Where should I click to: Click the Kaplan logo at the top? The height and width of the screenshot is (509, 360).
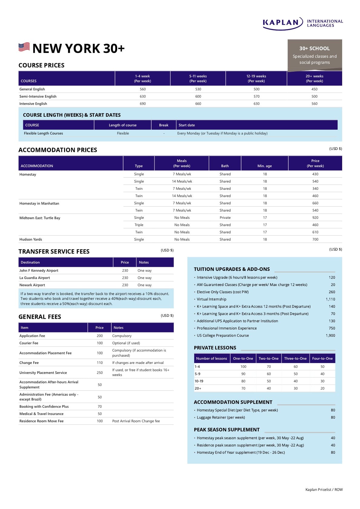pyautogui.click(x=303, y=23)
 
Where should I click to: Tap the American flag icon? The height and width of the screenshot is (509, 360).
pyautogui.click(x=24, y=47)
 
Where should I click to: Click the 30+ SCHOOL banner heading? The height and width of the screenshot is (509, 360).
pyautogui.click(x=314, y=48)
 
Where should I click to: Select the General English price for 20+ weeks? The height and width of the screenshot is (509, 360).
pyautogui.click(x=314, y=89)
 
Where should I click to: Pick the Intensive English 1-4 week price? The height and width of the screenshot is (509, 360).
pyautogui.click(x=142, y=104)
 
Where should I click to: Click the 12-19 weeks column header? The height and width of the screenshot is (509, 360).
pyautogui.click(x=256, y=79)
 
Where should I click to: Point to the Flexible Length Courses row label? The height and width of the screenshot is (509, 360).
pyautogui.click(x=43, y=133)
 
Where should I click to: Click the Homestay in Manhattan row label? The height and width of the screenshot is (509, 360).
pyautogui.click(x=39, y=203)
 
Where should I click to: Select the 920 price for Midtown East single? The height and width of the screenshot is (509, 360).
pyautogui.click(x=315, y=218)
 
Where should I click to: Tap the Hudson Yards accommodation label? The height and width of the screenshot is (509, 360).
pyautogui.click(x=31, y=239)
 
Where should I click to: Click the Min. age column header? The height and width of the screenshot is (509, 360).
pyautogui.click(x=264, y=166)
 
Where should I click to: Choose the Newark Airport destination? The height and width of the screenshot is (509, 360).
pyautogui.click(x=32, y=285)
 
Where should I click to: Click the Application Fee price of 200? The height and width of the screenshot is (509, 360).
pyautogui.click(x=100, y=336)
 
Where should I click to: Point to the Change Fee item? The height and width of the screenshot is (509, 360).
pyautogui.click(x=29, y=363)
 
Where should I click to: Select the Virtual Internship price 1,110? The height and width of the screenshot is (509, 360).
pyautogui.click(x=330, y=299)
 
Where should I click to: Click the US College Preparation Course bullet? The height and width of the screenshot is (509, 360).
pyautogui.click(x=223, y=336)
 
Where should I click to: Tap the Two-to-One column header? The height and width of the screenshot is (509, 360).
pyautogui.click(x=268, y=358)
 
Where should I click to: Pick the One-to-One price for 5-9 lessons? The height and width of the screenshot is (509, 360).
pyautogui.click(x=243, y=374)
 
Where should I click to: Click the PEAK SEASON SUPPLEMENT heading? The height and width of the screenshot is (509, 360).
pyautogui.click(x=227, y=430)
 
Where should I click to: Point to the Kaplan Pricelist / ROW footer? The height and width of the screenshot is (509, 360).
pyautogui.click(x=324, y=490)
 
